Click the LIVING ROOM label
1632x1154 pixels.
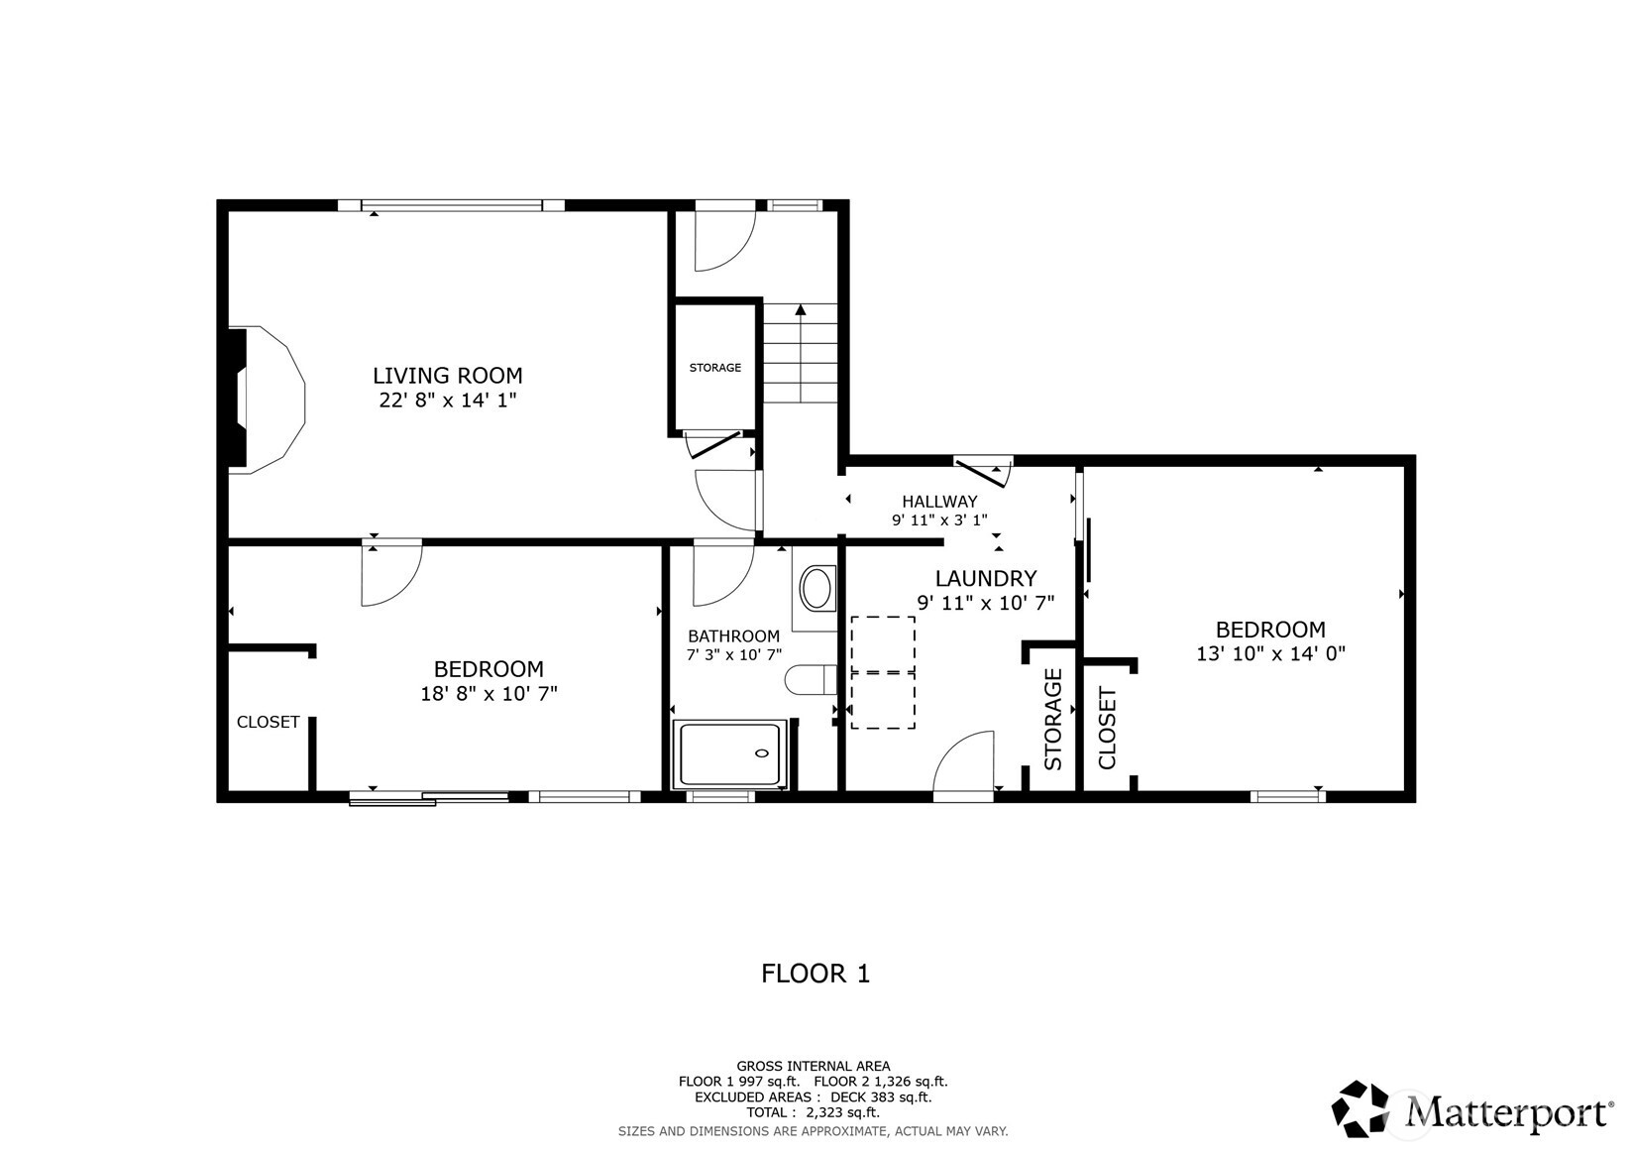pos(447,376)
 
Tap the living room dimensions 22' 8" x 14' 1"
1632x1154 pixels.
pos(447,401)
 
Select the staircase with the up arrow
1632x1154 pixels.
pos(800,354)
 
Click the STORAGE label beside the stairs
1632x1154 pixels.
pos(714,368)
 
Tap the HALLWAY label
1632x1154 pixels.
pos(939,502)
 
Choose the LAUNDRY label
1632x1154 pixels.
pos(986,579)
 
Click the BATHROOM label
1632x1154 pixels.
pos(733,635)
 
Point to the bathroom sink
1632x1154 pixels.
pos(816,588)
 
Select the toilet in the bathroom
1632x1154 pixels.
pos(811,679)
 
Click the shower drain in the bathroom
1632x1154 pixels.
pos(762,753)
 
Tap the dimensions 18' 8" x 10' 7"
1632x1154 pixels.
pos(489,693)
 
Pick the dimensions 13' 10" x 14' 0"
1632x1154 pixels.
pos(1270,653)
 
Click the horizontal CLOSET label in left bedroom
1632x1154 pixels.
pos(269,722)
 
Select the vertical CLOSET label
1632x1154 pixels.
pos(1107,728)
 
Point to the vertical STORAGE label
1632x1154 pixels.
pos(1052,720)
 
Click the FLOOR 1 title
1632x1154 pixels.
pos(816,974)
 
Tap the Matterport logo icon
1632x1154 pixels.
pos(1360,1108)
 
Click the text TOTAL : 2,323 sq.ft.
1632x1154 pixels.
pos(814,1112)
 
